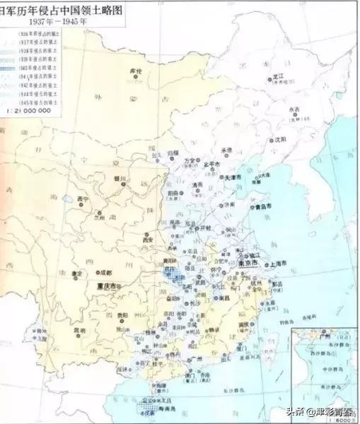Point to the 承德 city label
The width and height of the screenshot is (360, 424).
pyautogui.click(x=228, y=150)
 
